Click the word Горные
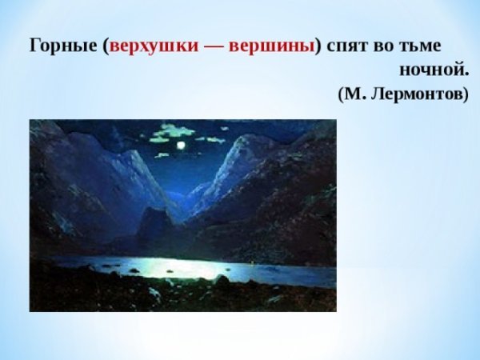click(x=64, y=45)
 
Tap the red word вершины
click(x=272, y=45)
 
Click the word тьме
click(x=422, y=45)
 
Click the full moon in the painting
click(x=181, y=145)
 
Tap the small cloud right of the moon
click(x=212, y=140)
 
